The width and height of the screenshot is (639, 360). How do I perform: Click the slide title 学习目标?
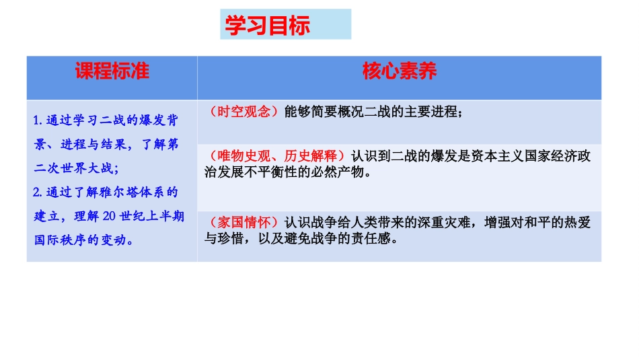(267, 26)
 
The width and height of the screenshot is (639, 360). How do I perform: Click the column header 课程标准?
(112, 71)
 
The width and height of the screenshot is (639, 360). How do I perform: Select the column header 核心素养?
(400, 71)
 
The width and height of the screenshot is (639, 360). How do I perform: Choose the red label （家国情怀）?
(243, 222)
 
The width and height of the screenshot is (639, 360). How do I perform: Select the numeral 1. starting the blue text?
(39, 121)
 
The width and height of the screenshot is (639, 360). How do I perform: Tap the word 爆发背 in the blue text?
(161, 121)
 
